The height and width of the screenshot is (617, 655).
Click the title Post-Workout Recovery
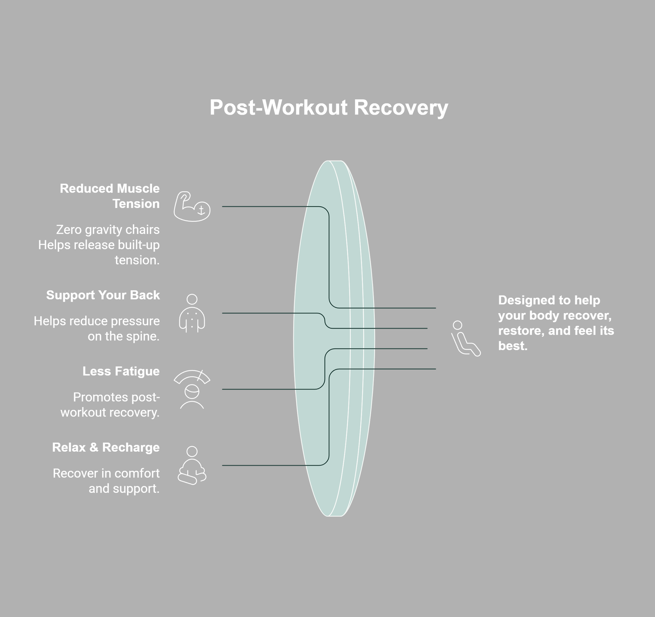pyautogui.click(x=329, y=107)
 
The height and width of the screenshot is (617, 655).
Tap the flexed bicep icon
pyautogui.click(x=192, y=206)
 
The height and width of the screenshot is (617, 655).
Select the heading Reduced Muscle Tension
pyautogui.click(x=109, y=196)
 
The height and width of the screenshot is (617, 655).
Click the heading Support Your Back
pyautogui.click(x=103, y=295)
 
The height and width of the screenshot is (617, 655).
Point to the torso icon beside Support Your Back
pyautogui.click(x=192, y=313)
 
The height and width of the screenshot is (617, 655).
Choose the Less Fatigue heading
pyautogui.click(x=121, y=371)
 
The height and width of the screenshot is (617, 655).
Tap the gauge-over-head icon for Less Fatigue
pyautogui.click(x=192, y=389)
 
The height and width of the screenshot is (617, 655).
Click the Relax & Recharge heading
pyautogui.click(x=106, y=447)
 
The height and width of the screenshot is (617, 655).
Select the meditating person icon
pyautogui.click(x=192, y=466)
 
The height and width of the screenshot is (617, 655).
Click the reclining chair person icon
pyautogui.click(x=466, y=338)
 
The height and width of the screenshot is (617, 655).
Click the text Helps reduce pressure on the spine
pyautogui.click(x=97, y=329)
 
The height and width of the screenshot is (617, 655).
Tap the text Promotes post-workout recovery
pyautogui.click(x=110, y=405)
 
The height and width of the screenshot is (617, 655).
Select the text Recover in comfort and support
pyautogui.click(x=106, y=481)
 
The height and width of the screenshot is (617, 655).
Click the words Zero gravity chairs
pyautogui.click(x=108, y=230)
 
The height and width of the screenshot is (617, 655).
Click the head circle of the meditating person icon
pyautogui.click(x=192, y=451)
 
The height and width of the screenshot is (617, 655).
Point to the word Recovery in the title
pyautogui.click(x=401, y=108)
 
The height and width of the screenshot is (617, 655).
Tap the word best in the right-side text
pyautogui.click(x=513, y=346)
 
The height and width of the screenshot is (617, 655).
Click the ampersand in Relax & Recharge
pyautogui.click(x=94, y=447)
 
